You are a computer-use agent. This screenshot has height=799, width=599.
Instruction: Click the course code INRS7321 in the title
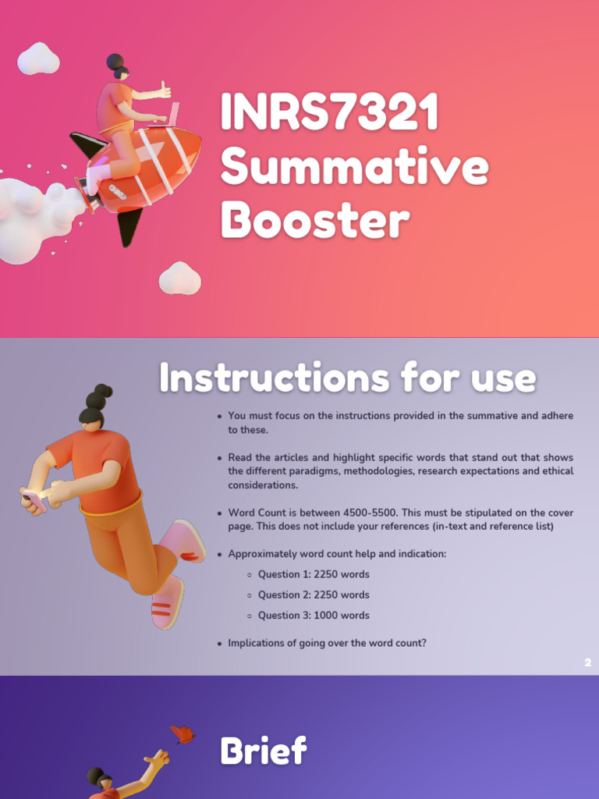[328, 113]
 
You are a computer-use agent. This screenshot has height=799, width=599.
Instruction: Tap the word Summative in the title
[354, 166]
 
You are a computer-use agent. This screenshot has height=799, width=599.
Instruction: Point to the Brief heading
[263, 751]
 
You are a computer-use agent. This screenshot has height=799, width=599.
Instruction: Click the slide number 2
[587, 662]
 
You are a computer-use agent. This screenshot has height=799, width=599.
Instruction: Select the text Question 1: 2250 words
[314, 574]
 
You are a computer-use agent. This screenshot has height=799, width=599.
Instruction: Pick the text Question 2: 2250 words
[314, 595]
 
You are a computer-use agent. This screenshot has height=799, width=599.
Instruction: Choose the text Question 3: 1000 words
[314, 615]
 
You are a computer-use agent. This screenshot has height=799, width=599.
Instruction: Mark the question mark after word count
[424, 643]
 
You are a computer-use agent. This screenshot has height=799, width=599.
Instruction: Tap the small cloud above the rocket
[38, 59]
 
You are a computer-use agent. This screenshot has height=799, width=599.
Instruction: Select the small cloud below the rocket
[179, 279]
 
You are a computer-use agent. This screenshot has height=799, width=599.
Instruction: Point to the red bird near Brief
[183, 734]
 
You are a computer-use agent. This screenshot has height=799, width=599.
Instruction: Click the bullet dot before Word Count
[219, 513]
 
